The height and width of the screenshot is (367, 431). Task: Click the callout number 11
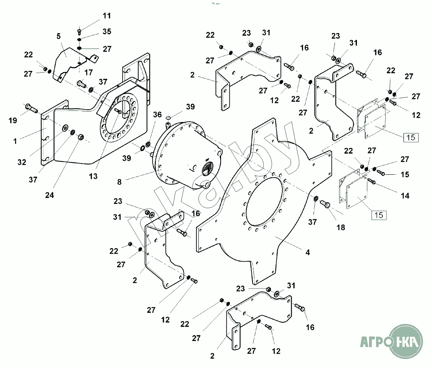(x=107, y=16)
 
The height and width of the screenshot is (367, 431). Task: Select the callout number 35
(x=107, y=32)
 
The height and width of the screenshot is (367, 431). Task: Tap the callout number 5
(x=59, y=36)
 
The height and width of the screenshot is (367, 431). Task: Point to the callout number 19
(x=13, y=120)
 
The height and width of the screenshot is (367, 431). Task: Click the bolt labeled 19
(x=31, y=108)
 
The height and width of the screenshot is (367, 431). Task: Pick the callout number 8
(x=119, y=182)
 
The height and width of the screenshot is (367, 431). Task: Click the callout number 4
(x=308, y=252)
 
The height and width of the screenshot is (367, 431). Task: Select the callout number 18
(x=341, y=227)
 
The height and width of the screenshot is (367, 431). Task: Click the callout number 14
(x=405, y=196)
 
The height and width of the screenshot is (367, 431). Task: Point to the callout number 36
(x=157, y=114)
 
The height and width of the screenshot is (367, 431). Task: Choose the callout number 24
(x=49, y=195)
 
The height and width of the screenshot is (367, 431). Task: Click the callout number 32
(x=22, y=162)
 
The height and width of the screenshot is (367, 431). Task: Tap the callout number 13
(x=93, y=176)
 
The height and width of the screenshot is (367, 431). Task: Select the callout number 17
(x=88, y=73)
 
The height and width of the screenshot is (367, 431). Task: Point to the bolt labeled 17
(x=82, y=83)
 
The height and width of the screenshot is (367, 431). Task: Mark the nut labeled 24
(x=80, y=137)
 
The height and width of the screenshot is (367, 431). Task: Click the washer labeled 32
(x=65, y=128)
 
